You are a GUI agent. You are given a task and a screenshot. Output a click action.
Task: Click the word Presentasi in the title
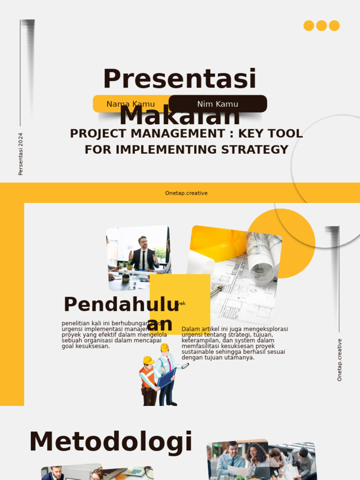(x=180, y=79)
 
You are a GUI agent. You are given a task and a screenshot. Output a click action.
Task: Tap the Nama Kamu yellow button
(x=124, y=104)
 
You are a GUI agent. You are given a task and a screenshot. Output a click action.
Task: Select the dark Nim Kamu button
(x=217, y=104)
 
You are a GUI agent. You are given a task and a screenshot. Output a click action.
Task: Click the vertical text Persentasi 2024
(x=21, y=154)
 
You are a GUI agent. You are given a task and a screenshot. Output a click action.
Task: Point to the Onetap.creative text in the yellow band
(x=186, y=193)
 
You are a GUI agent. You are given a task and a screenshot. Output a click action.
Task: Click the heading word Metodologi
(x=111, y=442)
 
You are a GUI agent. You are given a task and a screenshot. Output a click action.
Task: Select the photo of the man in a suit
(x=139, y=257)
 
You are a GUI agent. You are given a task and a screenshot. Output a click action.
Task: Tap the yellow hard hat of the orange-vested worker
(x=149, y=360)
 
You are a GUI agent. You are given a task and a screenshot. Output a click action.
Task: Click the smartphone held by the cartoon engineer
(x=185, y=366)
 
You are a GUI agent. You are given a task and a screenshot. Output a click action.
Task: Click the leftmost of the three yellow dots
(x=309, y=26)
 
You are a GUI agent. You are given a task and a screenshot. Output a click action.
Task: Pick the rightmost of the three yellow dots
(x=334, y=26)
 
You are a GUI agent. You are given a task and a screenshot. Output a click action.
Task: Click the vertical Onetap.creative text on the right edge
(x=339, y=360)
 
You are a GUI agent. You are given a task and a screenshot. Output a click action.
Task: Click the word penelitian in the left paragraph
(x=75, y=323)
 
